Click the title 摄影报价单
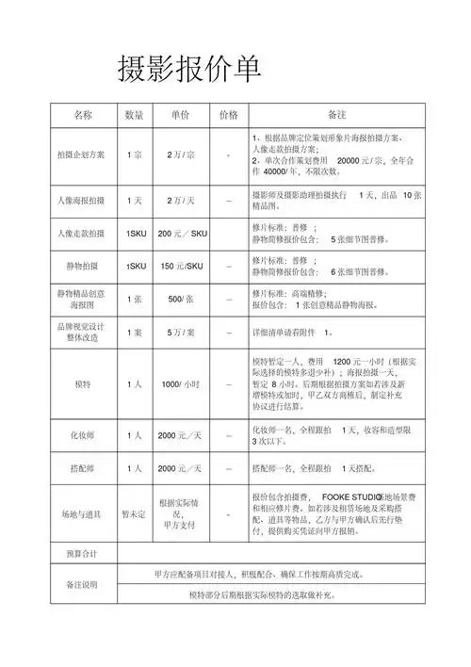tap(188, 69)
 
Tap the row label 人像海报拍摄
tap(82, 202)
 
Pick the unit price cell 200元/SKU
tap(182, 233)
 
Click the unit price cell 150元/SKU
tap(182, 267)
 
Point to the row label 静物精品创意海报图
tap(82, 300)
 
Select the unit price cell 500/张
tap(181, 300)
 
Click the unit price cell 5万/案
tap(181, 333)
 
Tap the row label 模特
tap(82, 384)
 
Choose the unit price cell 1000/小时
tap(181, 384)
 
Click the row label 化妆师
tap(82, 436)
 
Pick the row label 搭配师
tap(82, 468)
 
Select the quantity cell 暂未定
tap(134, 514)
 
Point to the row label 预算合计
tap(82, 552)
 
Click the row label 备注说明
tap(82, 584)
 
